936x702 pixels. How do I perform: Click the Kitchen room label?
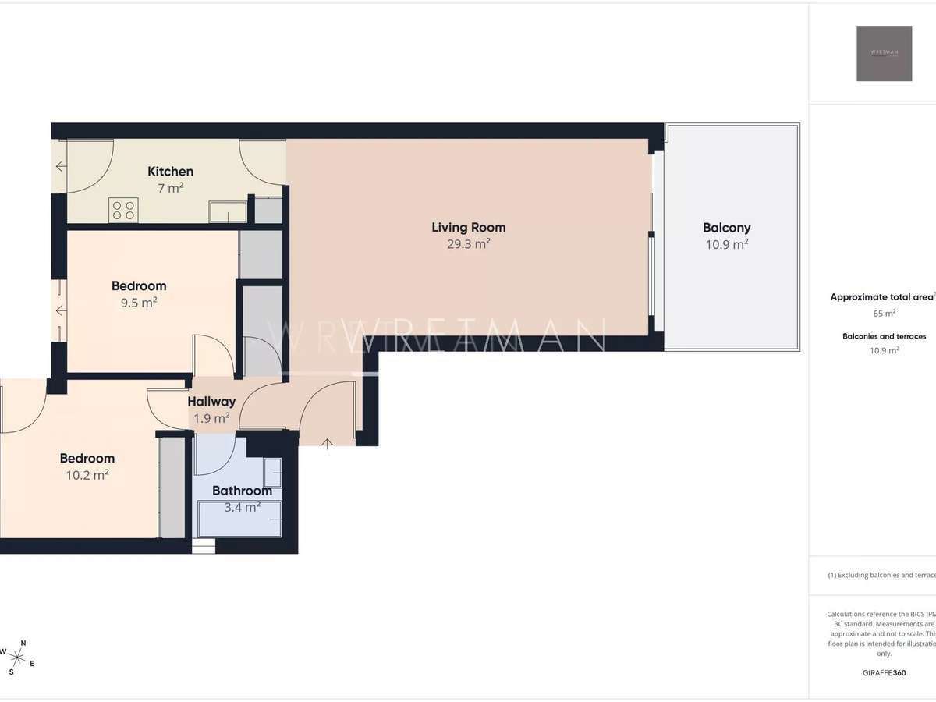(170, 172)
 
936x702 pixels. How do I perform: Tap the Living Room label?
(468, 228)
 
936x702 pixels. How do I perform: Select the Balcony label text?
(726, 228)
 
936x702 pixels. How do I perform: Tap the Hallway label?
(211, 402)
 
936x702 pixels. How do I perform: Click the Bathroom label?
(242, 491)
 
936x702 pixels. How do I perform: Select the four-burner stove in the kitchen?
(123, 209)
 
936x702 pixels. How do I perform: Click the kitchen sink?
(228, 211)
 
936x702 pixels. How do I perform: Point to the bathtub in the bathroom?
(239, 518)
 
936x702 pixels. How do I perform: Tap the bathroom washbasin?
(273, 473)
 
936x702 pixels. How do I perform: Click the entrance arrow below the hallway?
(328, 444)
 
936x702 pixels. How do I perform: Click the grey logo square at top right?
(884, 53)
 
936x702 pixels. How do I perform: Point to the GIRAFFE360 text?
(884, 672)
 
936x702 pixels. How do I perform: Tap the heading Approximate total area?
(881, 297)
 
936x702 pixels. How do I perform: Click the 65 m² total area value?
(884, 314)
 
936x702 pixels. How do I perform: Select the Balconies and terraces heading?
(884, 336)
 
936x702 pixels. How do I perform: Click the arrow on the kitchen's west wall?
(62, 166)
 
